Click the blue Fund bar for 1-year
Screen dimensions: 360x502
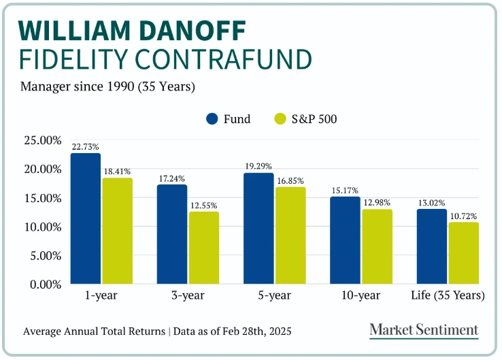[x=86, y=218]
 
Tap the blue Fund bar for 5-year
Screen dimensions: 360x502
[x=258, y=229]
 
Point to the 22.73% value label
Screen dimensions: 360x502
[x=86, y=146]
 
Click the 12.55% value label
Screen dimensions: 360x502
[x=204, y=206]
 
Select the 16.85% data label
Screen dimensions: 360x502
[x=290, y=181]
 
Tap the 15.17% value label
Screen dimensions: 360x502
[x=346, y=191]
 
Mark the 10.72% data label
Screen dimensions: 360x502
[x=463, y=216]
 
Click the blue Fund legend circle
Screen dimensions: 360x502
[x=212, y=119]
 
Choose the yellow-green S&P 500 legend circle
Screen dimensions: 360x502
[x=281, y=119]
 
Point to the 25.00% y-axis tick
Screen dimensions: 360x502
[x=42, y=140]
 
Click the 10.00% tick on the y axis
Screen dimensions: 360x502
[x=42, y=227]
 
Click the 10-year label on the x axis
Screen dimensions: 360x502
[x=361, y=296]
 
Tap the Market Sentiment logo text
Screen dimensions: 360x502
[x=424, y=330]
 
